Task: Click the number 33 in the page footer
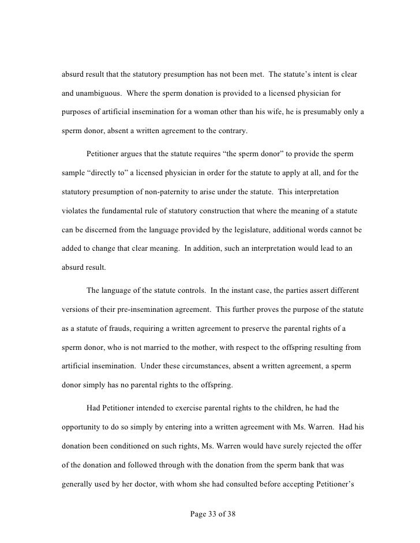pyautogui.click(x=211, y=511)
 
